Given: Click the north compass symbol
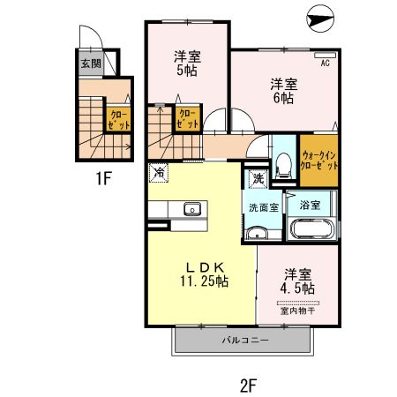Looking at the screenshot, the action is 320,19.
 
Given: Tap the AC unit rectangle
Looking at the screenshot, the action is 325,55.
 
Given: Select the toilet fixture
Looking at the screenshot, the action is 283,165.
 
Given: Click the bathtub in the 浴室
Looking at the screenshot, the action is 312,228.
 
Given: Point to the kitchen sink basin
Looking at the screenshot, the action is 192,209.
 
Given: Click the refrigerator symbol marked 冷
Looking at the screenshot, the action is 159,173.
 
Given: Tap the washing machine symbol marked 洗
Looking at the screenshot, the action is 258,178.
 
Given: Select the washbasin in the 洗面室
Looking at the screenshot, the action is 257,233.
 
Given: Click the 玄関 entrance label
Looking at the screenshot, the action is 91,64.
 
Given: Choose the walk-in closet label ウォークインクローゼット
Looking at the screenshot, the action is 318,161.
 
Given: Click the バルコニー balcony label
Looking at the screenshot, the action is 245,341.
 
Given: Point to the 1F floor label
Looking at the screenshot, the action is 104,178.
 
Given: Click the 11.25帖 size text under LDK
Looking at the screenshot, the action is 204,281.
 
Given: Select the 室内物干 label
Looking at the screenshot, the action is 297,311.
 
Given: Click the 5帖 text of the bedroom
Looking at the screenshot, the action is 187,71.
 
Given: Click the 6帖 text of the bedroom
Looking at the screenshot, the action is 283,98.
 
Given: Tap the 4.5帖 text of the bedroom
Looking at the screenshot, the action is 297,288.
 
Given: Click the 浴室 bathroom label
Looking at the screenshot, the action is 310,205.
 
